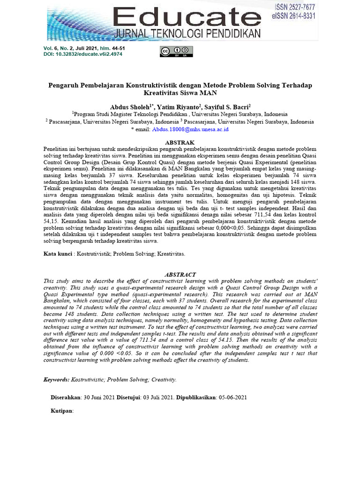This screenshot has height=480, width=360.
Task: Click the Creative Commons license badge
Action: point(176,52)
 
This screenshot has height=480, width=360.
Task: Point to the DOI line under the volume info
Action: point(83,54)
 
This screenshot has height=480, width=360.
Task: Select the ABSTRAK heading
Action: point(180,142)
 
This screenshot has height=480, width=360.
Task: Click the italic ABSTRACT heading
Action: point(180,274)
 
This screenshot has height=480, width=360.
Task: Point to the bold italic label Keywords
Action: point(56,380)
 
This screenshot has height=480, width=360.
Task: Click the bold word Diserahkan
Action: point(66,397)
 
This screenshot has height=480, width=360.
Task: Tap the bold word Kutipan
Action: point(62,411)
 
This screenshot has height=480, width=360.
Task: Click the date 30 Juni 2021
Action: point(99,397)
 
